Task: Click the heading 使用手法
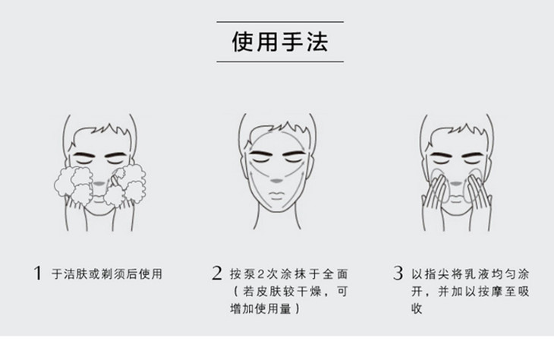pyautogui.click(x=280, y=42)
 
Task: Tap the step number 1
pyautogui.click(x=37, y=273)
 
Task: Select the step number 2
pyautogui.click(x=217, y=273)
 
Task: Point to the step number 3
pyautogui.click(x=398, y=273)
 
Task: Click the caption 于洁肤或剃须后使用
pyautogui.click(x=107, y=273)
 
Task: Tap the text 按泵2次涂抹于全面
pyautogui.click(x=289, y=273)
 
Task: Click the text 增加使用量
pyautogui.click(x=261, y=308)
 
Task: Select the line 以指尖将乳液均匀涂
pyautogui.click(x=470, y=273)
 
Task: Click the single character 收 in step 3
pyautogui.click(x=417, y=308)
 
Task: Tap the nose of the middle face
pyautogui.click(x=277, y=181)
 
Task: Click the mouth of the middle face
pyautogui.click(x=277, y=195)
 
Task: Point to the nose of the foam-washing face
pyautogui.click(x=99, y=184)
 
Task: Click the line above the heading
pyautogui.click(x=280, y=21)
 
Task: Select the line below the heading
pyautogui.click(x=280, y=62)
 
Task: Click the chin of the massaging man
pyautogui.click(x=456, y=211)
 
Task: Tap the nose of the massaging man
pyautogui.click(x=456, y=184)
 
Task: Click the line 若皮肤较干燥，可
pyautogui.click(x=291, y=292)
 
